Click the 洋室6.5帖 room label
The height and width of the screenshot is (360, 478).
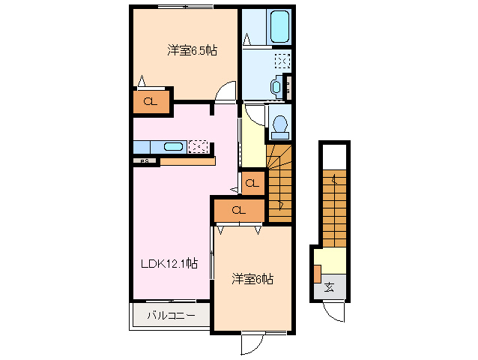tap(193, 51)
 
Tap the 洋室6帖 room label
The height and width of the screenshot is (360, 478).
tap(252, 279)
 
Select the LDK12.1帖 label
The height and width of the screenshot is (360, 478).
tap(171, 263)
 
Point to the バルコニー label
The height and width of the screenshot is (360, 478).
tap(171, 316)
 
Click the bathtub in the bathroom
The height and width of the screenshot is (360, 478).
tap(279, 27)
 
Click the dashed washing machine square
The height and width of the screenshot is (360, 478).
tap(282, 61)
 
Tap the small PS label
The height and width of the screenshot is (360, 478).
tap(143, 160)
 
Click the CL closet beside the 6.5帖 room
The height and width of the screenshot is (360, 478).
tap(150, 102)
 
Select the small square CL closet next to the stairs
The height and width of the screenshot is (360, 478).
tap(252, 183)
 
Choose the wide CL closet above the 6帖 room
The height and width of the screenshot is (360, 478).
tap(238, 211)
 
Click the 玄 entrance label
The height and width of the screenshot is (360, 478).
tap(330, 287)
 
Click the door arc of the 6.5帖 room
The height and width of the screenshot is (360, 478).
tap(226, 93)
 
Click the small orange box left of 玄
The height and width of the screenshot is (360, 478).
tap(318, 274)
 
